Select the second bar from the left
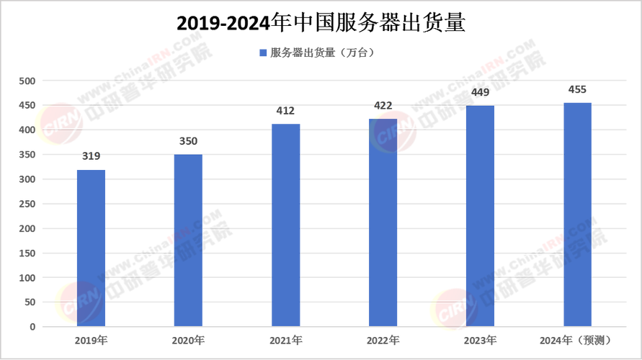(188, 240)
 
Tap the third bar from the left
(286, 224)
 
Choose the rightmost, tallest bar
(577, 213)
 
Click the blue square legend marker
(264, 53)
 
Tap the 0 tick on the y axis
(32, 327)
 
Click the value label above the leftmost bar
(91, 155)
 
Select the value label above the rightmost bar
(577, 89)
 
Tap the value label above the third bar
(286, 111)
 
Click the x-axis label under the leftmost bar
(91, 339)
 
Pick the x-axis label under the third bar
(286, 339)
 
